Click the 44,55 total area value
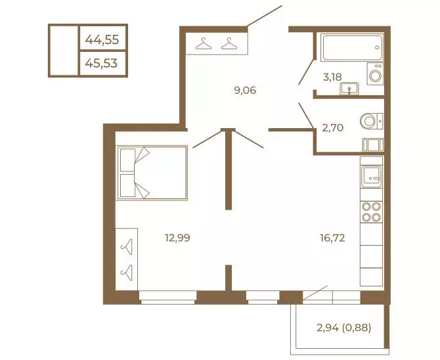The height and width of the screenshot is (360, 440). (102, 39)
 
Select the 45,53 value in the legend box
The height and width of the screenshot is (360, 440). (101, 64)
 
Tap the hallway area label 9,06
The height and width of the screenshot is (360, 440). (245, 91)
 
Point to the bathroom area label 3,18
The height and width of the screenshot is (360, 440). (332, 77)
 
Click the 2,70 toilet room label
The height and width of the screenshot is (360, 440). (332, 127)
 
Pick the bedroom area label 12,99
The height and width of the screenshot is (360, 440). (177, 238)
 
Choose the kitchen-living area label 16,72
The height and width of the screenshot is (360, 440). (332, 238)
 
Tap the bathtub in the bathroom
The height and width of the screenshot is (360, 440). (352, 47)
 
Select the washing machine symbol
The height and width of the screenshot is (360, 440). (375, 74)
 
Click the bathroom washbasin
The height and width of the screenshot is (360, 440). (349, 89)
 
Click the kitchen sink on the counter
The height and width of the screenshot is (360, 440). (371, 177)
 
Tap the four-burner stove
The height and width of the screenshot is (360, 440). (371, 212)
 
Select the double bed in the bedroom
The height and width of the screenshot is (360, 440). (152, 173)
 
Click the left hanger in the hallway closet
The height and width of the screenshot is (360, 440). (204, 44)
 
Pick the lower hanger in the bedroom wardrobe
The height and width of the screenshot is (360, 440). (126, 272)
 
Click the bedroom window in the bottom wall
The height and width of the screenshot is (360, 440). (168, 298)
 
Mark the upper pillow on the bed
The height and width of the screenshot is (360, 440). (127, 160)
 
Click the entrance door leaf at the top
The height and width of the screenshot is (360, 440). (264, 16)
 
